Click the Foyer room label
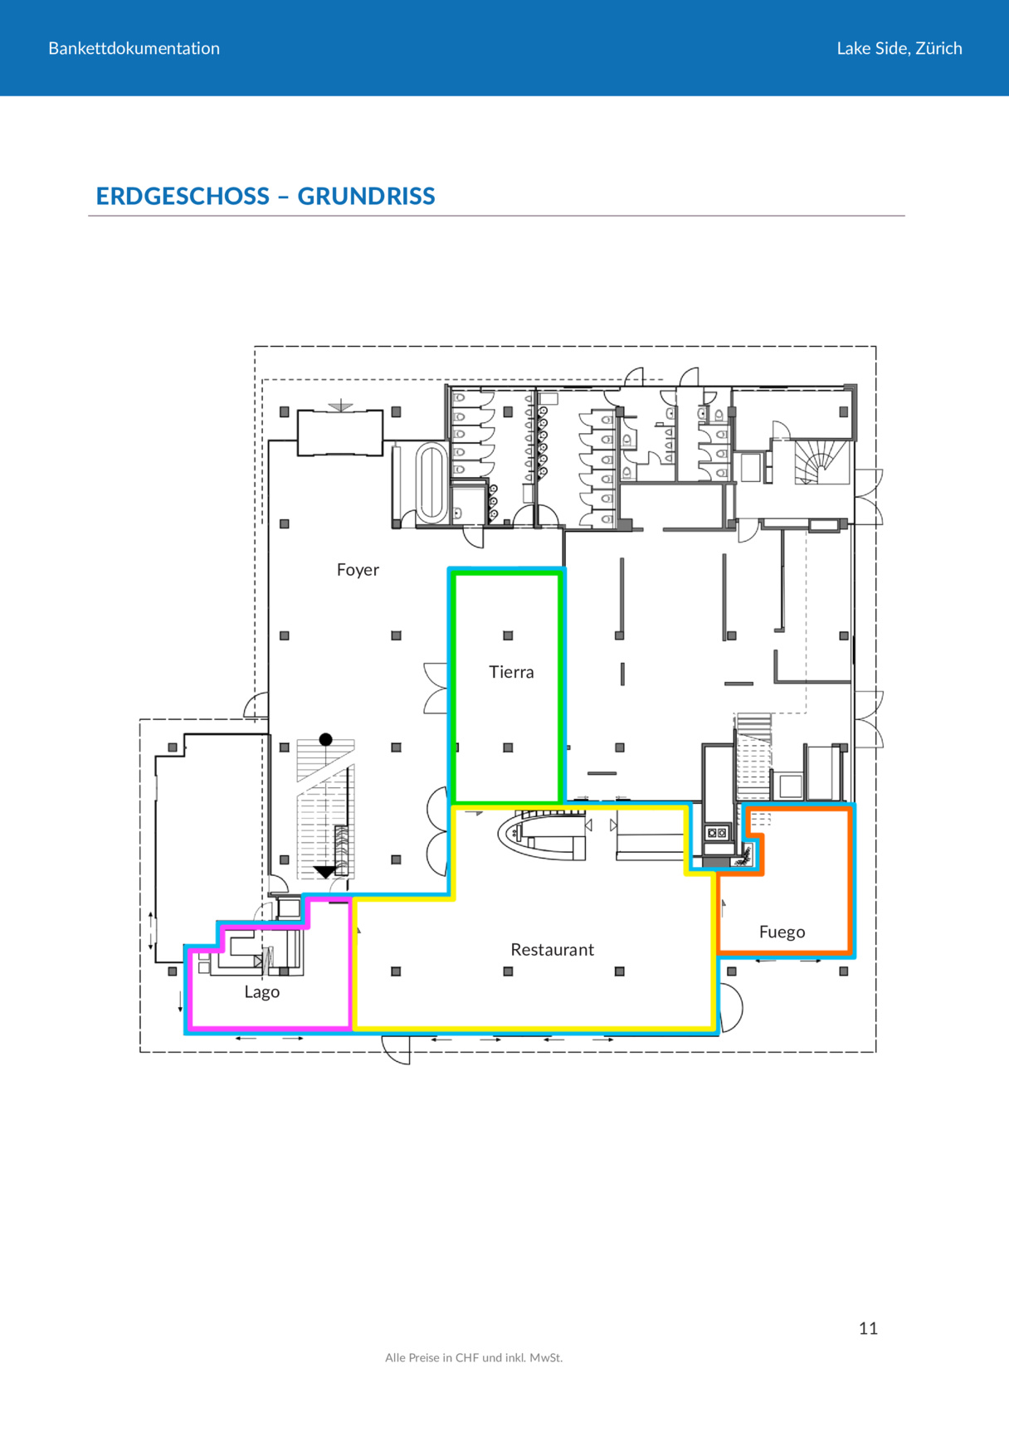click(x=358, y=570)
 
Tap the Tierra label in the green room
click(x=511, y=672)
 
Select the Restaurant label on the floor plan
click(x=552, y=950)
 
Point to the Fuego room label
click(x=782, y=932)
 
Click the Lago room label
click(x=261, y=992)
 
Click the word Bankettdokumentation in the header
click(x=134, y=48)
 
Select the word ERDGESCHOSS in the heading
click(x=183, y=196)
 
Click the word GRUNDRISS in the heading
click(x=366, y=196)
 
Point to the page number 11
click(x=868, y=1328)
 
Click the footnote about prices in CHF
click(x=474, y=1358)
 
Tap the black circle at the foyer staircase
click(x=326, y=739)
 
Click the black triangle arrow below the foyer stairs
click(x=324, y=872)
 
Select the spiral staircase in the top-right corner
click(x=820, y=462)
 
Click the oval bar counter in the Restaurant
click(x=543, y=833)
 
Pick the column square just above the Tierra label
click(x=508, y=635)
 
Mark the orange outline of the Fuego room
click(x=851, y=879)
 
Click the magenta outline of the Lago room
click(x=190, y=991)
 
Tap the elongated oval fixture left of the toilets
click(x=431, y=482)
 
